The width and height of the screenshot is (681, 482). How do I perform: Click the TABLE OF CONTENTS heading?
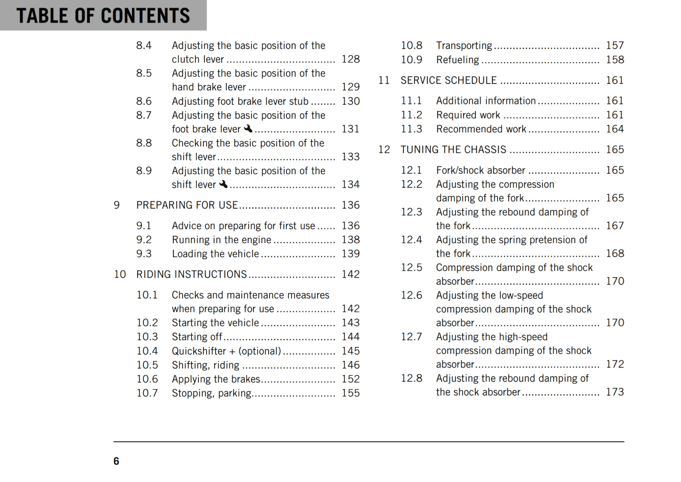click(103, 16)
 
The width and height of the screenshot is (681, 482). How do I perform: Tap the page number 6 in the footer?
click(116, 461)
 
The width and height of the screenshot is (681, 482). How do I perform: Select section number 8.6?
click(144, 101)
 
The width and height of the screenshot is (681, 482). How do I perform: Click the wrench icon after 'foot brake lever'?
click(248, 128)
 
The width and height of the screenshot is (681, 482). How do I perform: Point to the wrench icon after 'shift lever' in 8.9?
click(223, 184)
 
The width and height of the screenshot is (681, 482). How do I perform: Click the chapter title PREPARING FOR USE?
click(187, 205)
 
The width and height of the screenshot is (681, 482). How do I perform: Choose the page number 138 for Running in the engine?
click(350, 240)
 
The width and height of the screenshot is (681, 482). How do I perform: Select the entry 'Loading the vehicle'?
click(215, 254)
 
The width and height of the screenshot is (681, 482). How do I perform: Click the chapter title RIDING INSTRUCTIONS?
click(191, 275)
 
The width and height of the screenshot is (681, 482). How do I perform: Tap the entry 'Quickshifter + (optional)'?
click(226, 351)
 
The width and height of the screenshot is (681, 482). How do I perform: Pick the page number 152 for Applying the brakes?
click(350, 379)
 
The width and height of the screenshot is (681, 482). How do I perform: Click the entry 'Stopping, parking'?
click(212, 393)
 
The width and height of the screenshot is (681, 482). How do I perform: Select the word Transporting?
click(464, 46)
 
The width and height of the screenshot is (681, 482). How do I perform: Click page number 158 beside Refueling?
click(615, 60)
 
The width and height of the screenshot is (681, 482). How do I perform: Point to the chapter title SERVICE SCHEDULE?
click(448, 80)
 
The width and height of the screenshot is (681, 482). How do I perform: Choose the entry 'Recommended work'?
click(481, 129)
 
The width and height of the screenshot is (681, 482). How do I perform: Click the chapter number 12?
click(384, 150)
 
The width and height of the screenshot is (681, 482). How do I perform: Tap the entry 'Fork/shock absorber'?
click(481, 170)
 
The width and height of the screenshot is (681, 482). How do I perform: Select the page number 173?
click(615, 392)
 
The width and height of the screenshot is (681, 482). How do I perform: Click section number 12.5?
click(411, 267)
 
